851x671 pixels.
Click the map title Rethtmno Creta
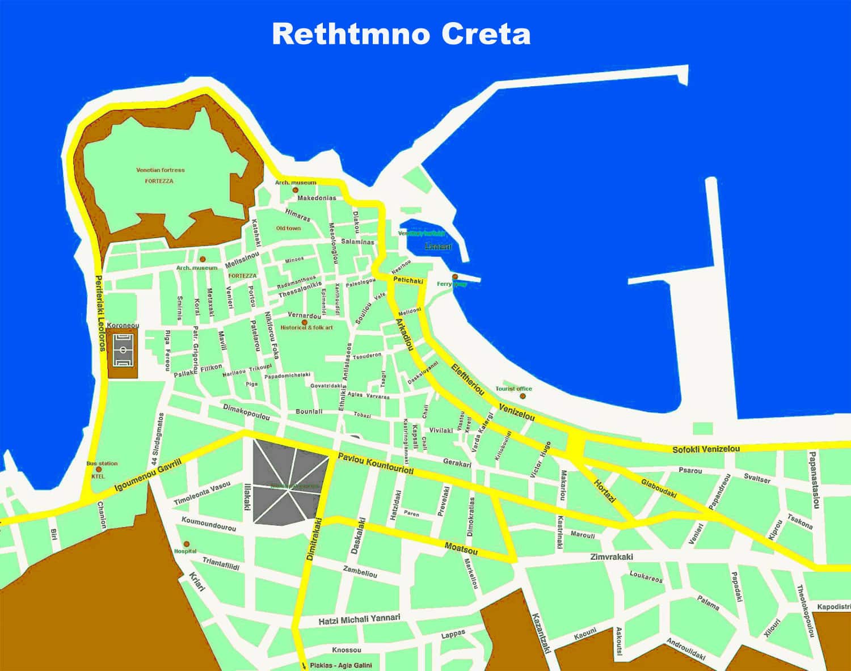pos(401,34)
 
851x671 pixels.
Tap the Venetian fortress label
pos(160,170)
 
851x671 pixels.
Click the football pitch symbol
pos(123,351)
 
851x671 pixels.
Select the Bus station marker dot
pos(99,470)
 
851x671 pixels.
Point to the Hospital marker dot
pos(187,544)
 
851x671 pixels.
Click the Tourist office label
pos(513,389)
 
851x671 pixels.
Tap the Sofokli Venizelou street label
pos(706,449)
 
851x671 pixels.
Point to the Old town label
pos(288,228)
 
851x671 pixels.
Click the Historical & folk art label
pos(307,328)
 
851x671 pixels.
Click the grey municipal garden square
pos(290,482)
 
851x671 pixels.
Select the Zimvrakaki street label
pos(611,557)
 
